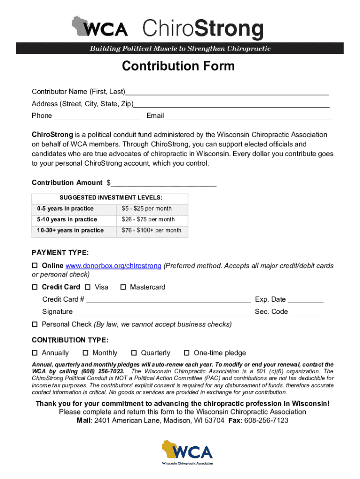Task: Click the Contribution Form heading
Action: [x=178, y=66]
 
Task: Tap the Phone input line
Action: [x=97, y=116]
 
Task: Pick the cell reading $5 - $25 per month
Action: [x=152, y=209]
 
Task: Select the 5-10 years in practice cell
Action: [x=74, y=219]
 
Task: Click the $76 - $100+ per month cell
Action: [x=152, y=230]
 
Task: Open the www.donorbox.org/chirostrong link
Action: [x=114, y=266]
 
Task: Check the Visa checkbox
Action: [x=88, y=287]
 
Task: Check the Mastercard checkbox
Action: [x=123, y=287]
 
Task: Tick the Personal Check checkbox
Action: [x=35, y=325]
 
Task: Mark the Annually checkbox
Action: [x=35, y=353]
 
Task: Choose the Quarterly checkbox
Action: [x=134, y=353]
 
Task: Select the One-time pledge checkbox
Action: [x=187, y=353]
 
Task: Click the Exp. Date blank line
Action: [x=305, y=300]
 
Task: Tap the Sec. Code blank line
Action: [x=307, y=312]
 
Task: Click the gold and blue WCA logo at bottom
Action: [x=187, y=452]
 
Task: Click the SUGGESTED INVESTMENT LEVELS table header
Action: [x=110, y=198]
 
